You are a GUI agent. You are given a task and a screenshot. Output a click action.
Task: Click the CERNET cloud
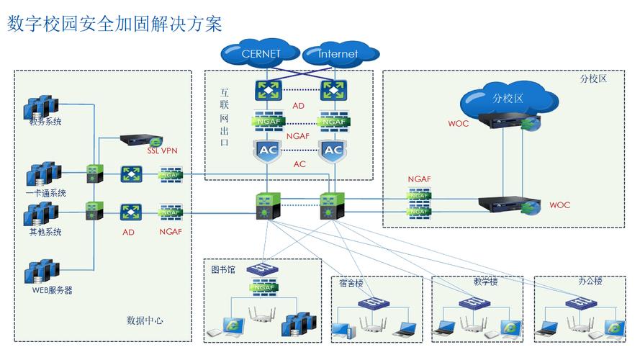pyautogui.click(x=261, y=53)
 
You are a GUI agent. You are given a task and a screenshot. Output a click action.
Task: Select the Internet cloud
pyautogui.click(x=338, y=54)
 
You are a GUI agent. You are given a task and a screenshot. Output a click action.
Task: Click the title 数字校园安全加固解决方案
pyautogui.click(x=114, y=23)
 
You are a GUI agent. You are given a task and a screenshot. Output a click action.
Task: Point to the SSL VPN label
pyautogui.click(x=162, y=151)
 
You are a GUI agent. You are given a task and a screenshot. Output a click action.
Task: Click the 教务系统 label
pyautogui.click(x=45, y=122)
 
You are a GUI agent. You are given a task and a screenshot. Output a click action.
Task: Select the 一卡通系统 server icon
pyautogui.click(x=42, y=175)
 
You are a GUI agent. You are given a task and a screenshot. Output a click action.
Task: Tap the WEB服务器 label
pyautogui.click(x=52, y=290)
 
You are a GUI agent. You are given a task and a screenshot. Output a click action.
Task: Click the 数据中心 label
pyautogui.click(x=145, y=320)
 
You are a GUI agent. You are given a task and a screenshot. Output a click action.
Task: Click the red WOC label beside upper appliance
pyautogui.click(x=458, y=123)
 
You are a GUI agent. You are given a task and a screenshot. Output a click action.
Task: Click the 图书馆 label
pyautogui.click(x=223, y=269)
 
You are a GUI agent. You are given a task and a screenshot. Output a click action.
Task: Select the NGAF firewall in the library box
pyautogui.click(x=263, y=288)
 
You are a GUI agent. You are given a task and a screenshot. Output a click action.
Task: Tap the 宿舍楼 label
pyautogui.click(x=352, y=283)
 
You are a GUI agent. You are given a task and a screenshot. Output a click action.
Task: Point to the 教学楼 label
pyautogui.click(x=486, y=282)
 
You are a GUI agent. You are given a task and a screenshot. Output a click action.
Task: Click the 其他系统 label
pyautogui.click(x=45, y=233)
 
